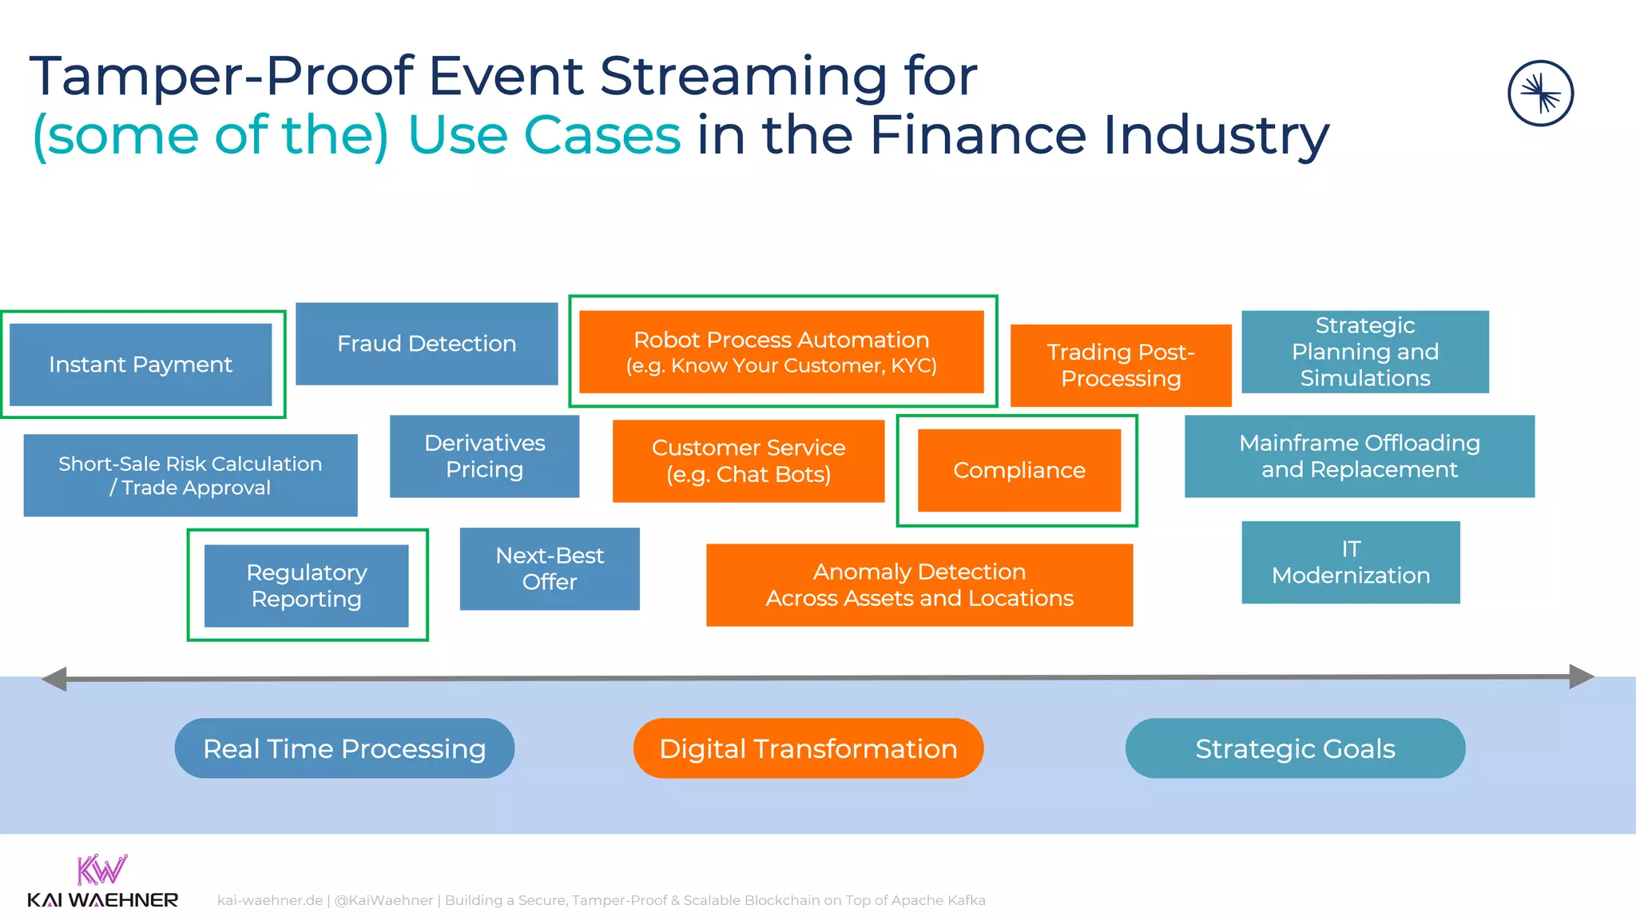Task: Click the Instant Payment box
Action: click(x=141, y=365)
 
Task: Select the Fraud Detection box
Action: click(x=427, y=344)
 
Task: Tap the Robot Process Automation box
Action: click(x=781, y=352)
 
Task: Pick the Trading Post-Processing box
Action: click(x=1121, y=365)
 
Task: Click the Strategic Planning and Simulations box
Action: click(x=1365, y=352)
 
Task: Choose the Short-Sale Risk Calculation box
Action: click(x=190, y=475)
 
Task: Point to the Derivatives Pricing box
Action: click(x=484, y=456)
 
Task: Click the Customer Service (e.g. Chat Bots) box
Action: click(x=749, y=460)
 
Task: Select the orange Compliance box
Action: click(x=1019, y=470)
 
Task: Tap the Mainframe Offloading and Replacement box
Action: click(x=1360, y=456)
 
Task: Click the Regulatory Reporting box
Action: click(x=307, y=585)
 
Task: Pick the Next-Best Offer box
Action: click(x=550, y=568)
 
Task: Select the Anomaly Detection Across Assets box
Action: click(x=919, y=584)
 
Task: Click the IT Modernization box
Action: click(x=1351, y=562)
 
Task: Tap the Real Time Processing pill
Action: click(x=344, y=748)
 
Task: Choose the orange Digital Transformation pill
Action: click(x=808, y=748)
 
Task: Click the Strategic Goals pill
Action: click(x=1295, y=748)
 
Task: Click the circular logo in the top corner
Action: click(x=1540, y=94)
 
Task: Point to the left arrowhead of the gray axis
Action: click(x=54, y=679)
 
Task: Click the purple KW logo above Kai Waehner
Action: click(x=101, y=869)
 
